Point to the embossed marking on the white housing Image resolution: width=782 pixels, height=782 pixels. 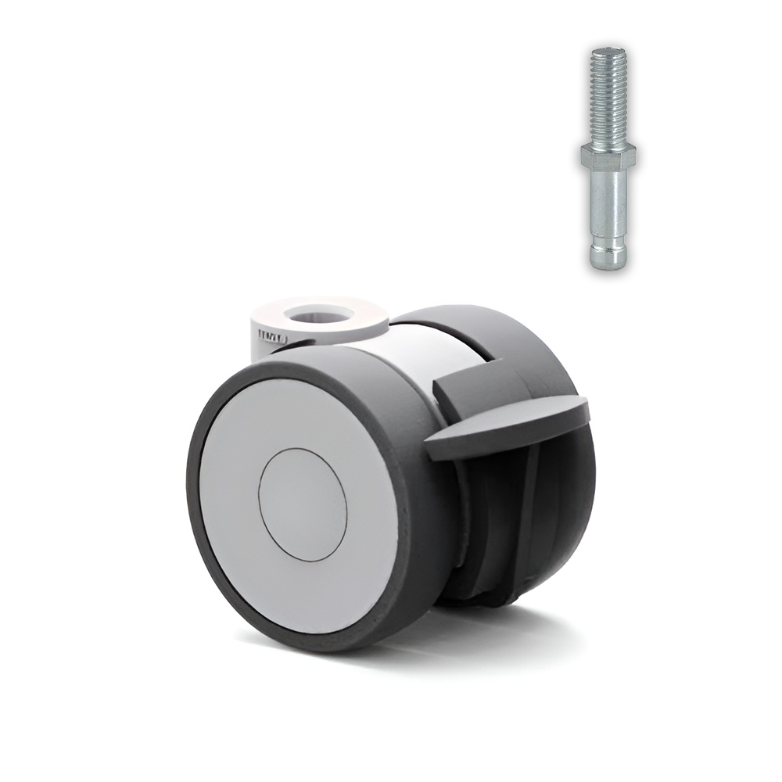[273, 337]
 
